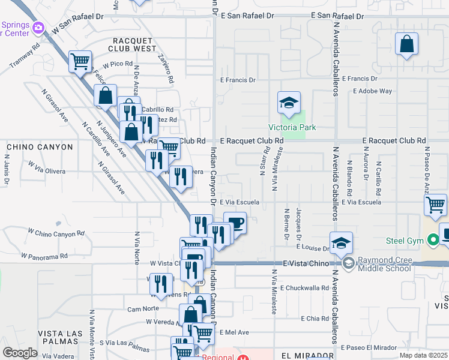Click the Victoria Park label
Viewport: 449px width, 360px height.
pos(292,127)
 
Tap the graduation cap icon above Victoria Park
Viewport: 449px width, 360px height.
pos(289,103)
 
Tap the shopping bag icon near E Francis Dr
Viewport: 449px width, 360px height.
pos(407,44)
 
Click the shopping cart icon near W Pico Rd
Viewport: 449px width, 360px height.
pos(80,61)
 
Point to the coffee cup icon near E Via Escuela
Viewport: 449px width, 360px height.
pos(235,223)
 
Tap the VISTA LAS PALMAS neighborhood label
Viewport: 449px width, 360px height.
pos(59,337)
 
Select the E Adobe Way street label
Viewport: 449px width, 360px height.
pos(372,91)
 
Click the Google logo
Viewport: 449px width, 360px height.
pos(20,353)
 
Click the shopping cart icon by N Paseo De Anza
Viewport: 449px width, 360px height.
pos(435,205)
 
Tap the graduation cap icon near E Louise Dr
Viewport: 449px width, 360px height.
pos(341,243)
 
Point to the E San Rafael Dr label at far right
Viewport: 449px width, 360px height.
pos(338,16)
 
